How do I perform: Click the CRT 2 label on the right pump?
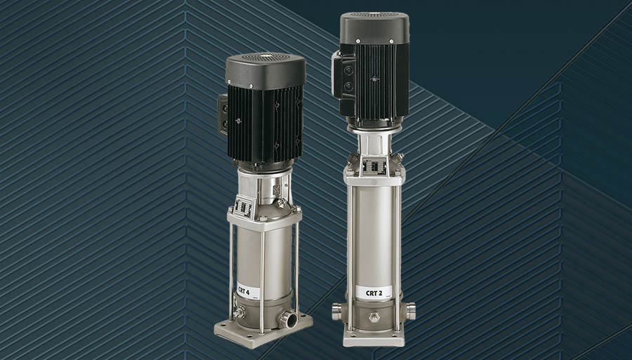[x=374, y=293]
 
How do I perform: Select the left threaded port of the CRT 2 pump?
[x=337, y=312]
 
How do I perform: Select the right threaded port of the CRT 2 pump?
[x=410, y=312]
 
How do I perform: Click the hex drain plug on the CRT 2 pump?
[x=374, y=316]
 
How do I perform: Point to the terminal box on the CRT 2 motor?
[x=343, y=80]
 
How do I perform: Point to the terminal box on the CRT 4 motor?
[x=223, y=115]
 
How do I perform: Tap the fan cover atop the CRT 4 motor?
[x=265, y=71]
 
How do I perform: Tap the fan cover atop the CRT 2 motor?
[x=374, y=28]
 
